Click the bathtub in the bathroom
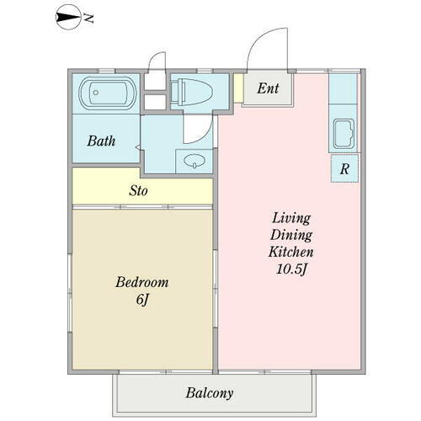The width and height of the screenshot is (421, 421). pyautogui.click(x=108, y=93)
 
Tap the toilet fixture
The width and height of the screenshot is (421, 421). pyautogui.click(x=191, y=92)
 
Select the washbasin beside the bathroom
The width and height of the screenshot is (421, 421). pyautogui.click(x=195, y=161)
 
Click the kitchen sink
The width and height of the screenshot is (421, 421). pyautogui.click(x=344, y=134)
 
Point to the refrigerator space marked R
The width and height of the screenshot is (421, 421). pyautogui.click(x=344, y=168)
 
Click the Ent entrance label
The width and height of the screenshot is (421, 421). pyautogui.click(x=268, y=88)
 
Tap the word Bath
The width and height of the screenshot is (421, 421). pyautogui.click(x=101, y=141)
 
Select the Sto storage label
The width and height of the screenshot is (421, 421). pyautogui.click(x=138, y=191)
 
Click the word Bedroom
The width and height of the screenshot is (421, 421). pyautogui.click(x=142, y=282)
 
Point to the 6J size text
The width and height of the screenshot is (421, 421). pyautogui.click(x=142, y=300)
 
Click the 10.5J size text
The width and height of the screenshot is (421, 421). pyautogui.click(x=291, y=269)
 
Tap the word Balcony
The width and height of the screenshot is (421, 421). pyautogui.click(x=210, y=393)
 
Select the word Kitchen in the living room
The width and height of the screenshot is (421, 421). pyautogui.click(x=290, y=252)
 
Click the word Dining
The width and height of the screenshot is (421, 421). pyautogui.click(x=291, y=235)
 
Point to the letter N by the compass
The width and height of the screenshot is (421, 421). pyautogui.click(x=89, y=19)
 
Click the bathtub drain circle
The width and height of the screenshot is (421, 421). pyautogui.click(x=96, y=93)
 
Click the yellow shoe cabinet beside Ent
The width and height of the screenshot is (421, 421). pyautogui.click(x=238, y=88)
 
